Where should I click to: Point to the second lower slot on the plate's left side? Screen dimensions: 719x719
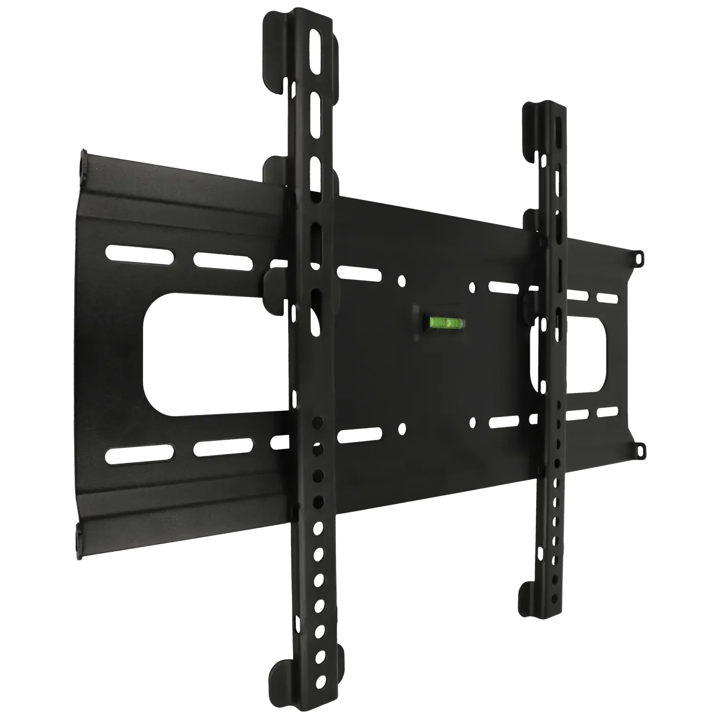[221, 448]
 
